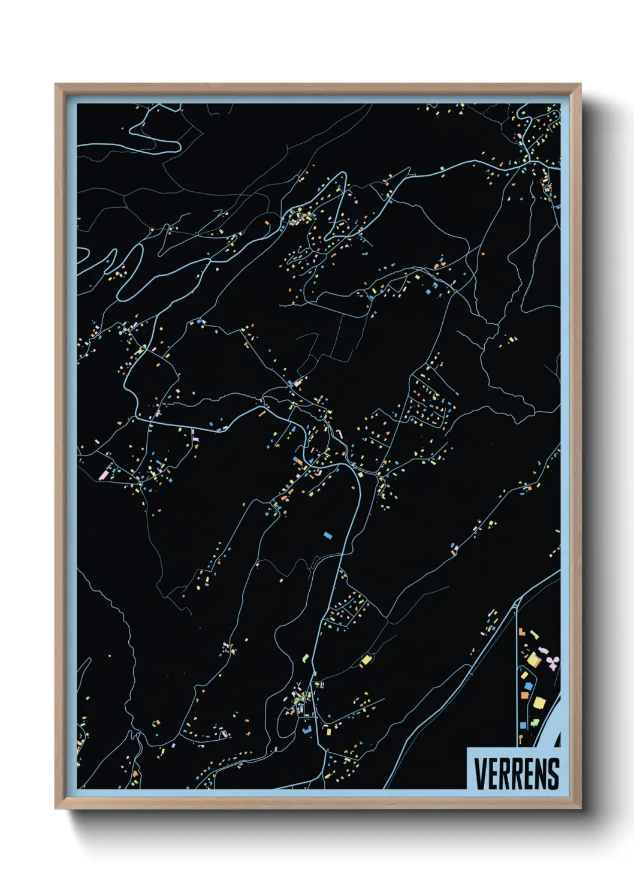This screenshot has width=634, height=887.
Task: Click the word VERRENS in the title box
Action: pyautogui.click(x=516, y=773)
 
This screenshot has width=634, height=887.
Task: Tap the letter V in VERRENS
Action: pyautogui.click(x=479, y=773)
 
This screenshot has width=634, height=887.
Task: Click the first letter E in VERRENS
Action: pyautogui.click(x=492, y=773)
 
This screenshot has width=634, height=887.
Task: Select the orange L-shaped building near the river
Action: pyautogui.click(x=521, y=632)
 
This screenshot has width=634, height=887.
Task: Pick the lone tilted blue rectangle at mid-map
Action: pyautogui.click(x=328, y=534)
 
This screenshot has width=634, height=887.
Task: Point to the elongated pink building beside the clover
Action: pyautogui.click(x=544, y=651)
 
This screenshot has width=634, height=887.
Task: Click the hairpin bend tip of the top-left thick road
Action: pyautogui.click(x=178, y=146)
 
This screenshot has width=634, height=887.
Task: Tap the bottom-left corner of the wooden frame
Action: pyautogui.click(x=56, y=808)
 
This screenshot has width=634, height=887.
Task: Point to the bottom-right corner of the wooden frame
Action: pyautogui.click(x=580, y=808)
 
